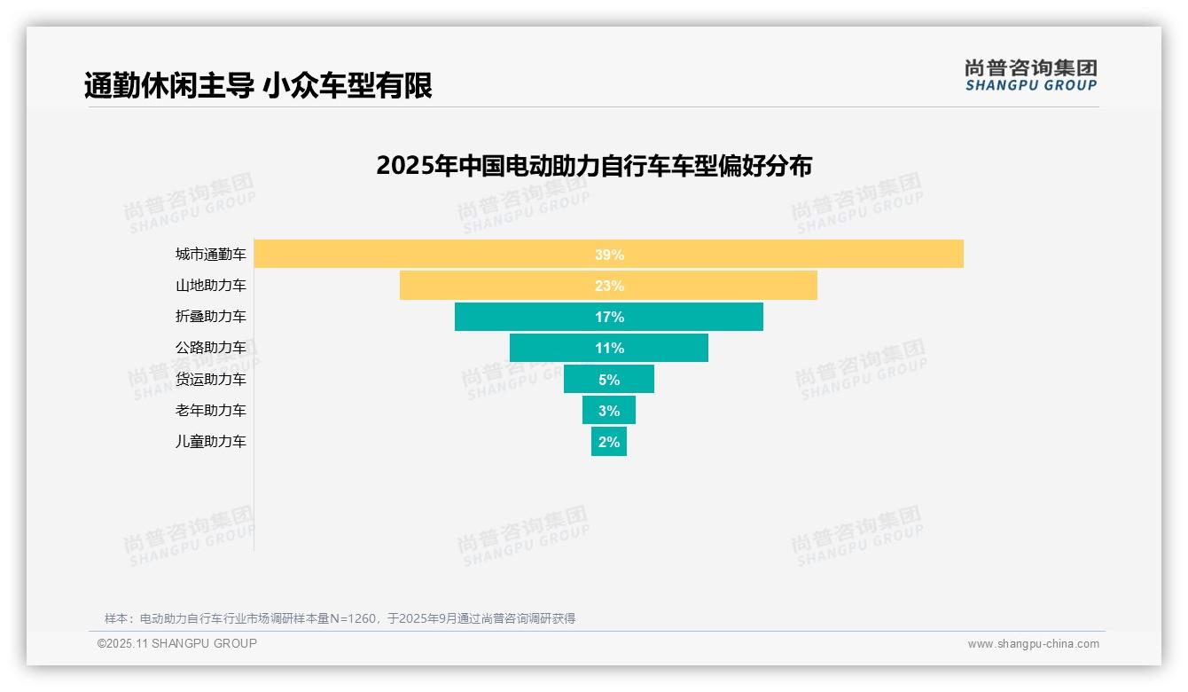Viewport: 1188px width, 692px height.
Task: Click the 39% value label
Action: pyautogui.click(x=609, y=255)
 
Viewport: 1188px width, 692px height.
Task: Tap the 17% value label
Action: pyautogui.click(x=609, y=317)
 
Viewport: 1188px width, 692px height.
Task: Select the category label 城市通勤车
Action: pyautogui.click(x=211, y=255)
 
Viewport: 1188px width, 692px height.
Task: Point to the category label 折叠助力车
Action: pyautogui.click(x=211, y=317)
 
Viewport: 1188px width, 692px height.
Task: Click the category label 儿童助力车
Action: pyautogui.click(x=211, y=442)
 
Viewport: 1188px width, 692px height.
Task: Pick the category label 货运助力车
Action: pyautogui.click(x=211, y=379)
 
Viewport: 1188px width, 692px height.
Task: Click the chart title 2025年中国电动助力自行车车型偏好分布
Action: pyautogui.click(x=594, y=166)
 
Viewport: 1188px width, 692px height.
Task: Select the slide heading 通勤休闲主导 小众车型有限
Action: pyautogui.click(x=258, y=85)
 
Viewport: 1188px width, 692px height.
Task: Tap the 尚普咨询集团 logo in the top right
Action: pyautogui.click(x=1031, y=75)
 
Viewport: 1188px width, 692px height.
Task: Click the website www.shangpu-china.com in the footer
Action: pyautogui.click(x=1033, y=644)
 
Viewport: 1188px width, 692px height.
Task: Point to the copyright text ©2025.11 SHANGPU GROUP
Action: pyautogui.click(x=177, y=644)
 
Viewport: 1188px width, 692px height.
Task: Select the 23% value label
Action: pyautogui.click(x=609, y=286)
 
